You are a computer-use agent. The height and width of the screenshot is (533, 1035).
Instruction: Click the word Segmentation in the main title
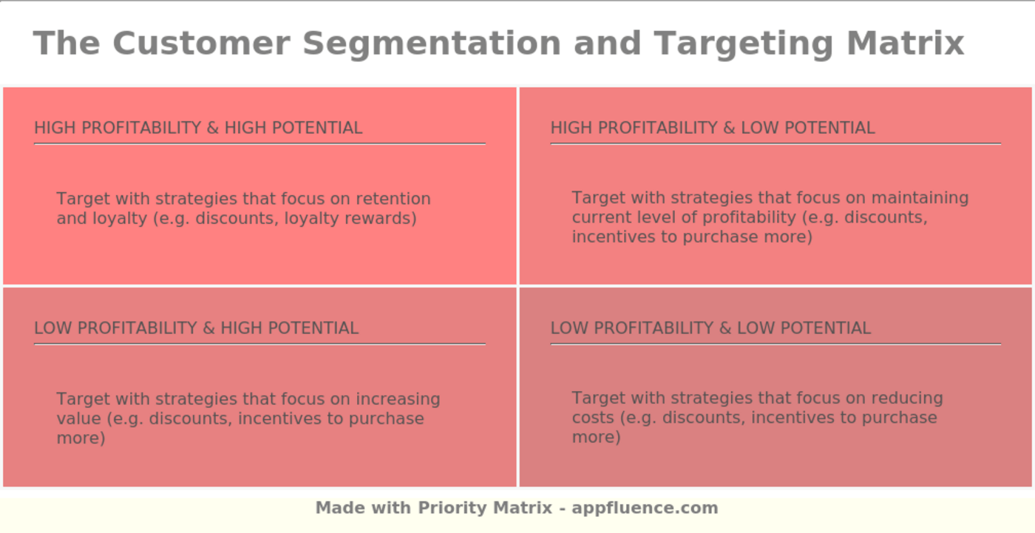432,43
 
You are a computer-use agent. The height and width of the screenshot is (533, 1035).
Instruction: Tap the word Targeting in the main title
744,43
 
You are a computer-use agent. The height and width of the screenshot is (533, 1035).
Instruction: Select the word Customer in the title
200,43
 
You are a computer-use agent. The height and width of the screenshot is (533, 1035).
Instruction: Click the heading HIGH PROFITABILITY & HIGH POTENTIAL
198,128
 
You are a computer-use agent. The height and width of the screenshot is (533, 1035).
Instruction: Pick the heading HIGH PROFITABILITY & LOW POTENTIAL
712,128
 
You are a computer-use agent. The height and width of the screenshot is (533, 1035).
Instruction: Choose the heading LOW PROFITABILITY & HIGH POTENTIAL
196,328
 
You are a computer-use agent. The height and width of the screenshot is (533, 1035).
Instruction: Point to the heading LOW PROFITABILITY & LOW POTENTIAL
710,328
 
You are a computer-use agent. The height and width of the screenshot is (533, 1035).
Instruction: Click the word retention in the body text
393,199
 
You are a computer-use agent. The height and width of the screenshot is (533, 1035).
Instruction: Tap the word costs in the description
593,418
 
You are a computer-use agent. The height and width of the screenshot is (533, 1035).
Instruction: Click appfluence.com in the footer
645,508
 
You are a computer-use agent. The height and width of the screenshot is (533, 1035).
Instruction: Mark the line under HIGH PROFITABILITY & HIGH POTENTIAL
259,143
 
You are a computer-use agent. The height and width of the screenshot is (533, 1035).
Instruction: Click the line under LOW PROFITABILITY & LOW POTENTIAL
776,344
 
